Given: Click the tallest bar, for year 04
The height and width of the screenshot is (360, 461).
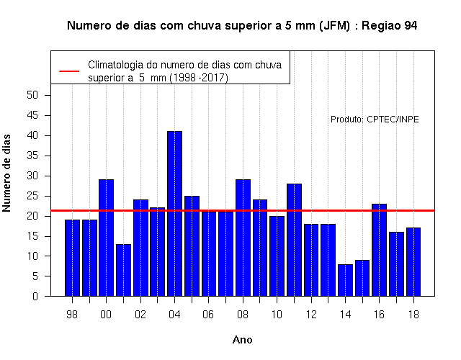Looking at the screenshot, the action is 174,214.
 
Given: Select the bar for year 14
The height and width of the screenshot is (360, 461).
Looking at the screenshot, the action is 345,280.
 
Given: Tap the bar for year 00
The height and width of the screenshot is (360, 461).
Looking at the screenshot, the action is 106,238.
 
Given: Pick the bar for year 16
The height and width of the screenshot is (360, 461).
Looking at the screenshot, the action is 380,250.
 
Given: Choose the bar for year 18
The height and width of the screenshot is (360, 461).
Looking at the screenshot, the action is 413,262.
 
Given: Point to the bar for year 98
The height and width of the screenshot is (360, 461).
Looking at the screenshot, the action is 72,258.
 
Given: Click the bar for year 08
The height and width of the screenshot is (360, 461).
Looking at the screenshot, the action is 243,238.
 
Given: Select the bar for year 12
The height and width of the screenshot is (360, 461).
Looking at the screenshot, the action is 311,260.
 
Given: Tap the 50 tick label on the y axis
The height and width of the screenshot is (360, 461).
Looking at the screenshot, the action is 32,95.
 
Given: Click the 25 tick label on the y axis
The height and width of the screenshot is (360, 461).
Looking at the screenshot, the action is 32,196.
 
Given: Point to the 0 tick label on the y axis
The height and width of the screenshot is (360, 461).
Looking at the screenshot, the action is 35,296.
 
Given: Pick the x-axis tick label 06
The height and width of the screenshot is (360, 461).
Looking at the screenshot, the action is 208,315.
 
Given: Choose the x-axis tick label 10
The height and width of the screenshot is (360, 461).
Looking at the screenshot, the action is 277,315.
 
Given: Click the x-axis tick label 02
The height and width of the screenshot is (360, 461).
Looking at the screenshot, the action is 140,315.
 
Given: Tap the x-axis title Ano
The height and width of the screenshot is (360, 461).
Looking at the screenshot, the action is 243,340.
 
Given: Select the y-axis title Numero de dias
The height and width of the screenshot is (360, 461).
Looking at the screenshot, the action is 6,174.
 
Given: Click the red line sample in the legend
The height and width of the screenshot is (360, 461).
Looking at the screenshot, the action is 69,71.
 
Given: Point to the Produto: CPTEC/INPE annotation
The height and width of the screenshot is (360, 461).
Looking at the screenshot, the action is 375,120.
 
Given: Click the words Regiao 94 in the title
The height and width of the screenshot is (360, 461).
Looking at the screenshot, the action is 389,26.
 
